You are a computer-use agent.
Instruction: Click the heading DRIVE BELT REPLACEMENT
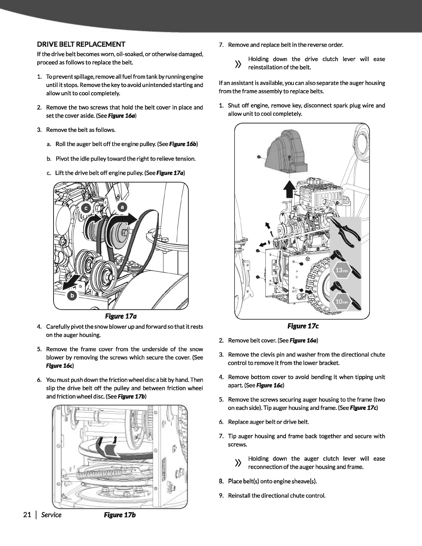click(81, 44)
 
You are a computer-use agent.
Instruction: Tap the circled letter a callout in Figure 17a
click(123, 207)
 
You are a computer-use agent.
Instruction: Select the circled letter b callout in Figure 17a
click(72, 296)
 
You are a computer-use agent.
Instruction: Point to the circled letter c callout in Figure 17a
click(86, 208)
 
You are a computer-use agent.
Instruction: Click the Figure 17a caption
click(121, 316)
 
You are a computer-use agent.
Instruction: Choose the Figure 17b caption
click(120, 515)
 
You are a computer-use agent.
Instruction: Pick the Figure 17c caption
click(303, 326)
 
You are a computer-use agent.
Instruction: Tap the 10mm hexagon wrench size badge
click(342, 301)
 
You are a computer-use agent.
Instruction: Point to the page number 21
click(27, 515)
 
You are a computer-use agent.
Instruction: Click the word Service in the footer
click(51, 515)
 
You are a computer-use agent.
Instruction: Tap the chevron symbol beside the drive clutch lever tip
click(238, 64)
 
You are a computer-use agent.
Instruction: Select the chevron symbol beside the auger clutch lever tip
click(238, 463)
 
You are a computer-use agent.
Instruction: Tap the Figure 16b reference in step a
click(187, 144)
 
